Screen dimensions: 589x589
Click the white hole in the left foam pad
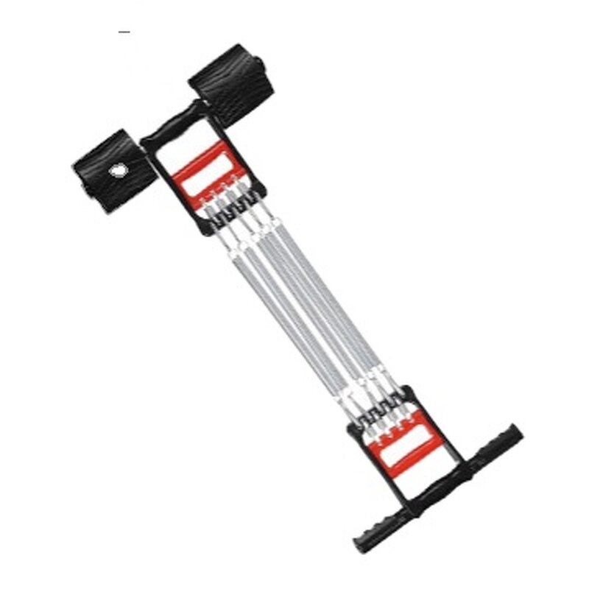pyautogui.click(x=118, y=171)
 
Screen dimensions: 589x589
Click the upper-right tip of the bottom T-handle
pyautogui.click(x=516, y=431)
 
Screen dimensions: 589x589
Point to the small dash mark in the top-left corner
pyautogui.click(x=124, y=32)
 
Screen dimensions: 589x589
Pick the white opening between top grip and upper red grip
pyautogui.click(x=177, y=151)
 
